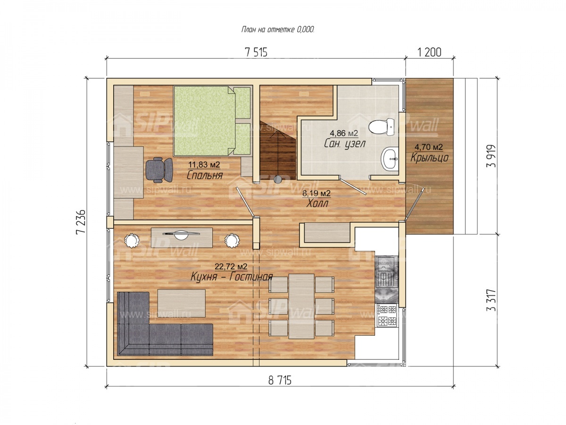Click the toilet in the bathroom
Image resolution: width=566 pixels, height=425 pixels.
[381, 127]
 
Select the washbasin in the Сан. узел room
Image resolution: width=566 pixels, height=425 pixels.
[390, 159]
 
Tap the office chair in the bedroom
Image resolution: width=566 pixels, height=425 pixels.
[159, 170]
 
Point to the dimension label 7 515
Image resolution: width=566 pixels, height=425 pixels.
[256, 52]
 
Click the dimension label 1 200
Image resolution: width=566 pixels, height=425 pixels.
[429, 52]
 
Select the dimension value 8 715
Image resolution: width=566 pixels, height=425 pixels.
[280, 380]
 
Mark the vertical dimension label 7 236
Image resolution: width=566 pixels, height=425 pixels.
[81, 221]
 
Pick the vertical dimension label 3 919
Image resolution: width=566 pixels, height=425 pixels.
[491, 156]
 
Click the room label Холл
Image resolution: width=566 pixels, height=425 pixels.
[317, 204]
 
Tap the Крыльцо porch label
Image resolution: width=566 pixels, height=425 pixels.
[429, 158]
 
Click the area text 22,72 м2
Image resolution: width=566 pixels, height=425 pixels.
[231, 266]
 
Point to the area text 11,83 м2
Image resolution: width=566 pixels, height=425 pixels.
[204, 164]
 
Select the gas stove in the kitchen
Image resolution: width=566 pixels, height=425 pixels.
[387, 315]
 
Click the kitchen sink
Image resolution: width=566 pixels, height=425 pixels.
[386, 271]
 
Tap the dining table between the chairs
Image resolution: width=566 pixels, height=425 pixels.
[301, 306]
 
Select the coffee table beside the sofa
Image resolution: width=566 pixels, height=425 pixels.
[182, 303]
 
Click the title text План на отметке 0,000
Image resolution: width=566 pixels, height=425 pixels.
[278, 30]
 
